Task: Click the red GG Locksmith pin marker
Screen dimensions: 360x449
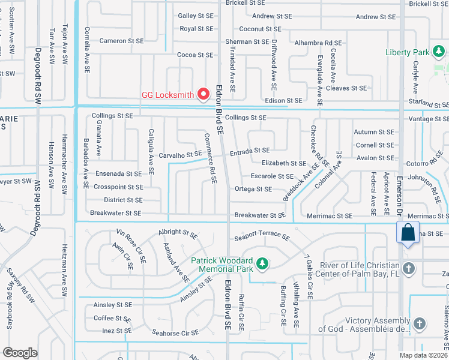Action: [203, 94]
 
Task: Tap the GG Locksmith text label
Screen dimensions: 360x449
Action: [168, 95]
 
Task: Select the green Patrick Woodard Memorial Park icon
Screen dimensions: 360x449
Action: [262, 263]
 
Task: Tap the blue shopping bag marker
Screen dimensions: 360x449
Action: [407, 233]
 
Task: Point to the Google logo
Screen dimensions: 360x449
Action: [20, 353]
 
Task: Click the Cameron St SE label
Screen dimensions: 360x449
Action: [122, 41]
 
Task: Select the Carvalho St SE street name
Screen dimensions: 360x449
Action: [180, 155]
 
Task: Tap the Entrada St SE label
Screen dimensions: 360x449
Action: [249, 151]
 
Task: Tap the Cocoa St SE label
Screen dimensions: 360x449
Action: [195, 55]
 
